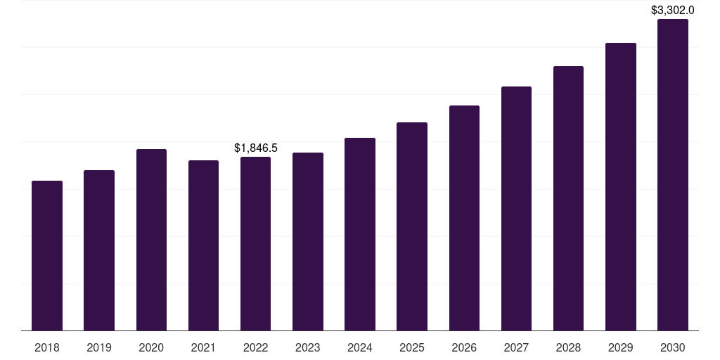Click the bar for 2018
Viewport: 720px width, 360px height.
(x=47, y=256)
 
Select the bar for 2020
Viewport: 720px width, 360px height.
(x=151, y=240)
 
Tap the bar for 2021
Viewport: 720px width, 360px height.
(x=203, y=245)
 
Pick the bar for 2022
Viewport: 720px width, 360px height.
(x=255, y=244)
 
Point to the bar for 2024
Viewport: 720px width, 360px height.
(x=360, y=234)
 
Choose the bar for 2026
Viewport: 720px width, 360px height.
(x=464, y=218)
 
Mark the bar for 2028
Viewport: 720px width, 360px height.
(x=568, y=198)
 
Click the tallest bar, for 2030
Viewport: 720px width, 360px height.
(x=672, y=175)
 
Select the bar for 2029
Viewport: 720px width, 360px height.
(x=620, y=187)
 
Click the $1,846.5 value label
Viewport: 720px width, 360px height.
(x=256, y=148)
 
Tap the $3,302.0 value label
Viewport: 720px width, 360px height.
(x=673, y=10)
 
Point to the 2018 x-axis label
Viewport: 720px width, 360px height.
(x=47, y=347)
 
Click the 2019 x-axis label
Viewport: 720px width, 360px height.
(x=99, y=347)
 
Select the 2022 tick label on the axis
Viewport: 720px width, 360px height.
(x=255, y=347)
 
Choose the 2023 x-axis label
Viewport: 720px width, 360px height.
(x=307, y=347)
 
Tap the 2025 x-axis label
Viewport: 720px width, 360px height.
(x=412, y=347)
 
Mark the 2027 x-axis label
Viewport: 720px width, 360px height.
(x=516, y=347)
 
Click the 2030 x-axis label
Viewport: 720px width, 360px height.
(x=672, y=347)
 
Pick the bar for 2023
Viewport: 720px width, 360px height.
(x=307, y=242)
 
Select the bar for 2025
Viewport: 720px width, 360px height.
(x=412, y=226)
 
